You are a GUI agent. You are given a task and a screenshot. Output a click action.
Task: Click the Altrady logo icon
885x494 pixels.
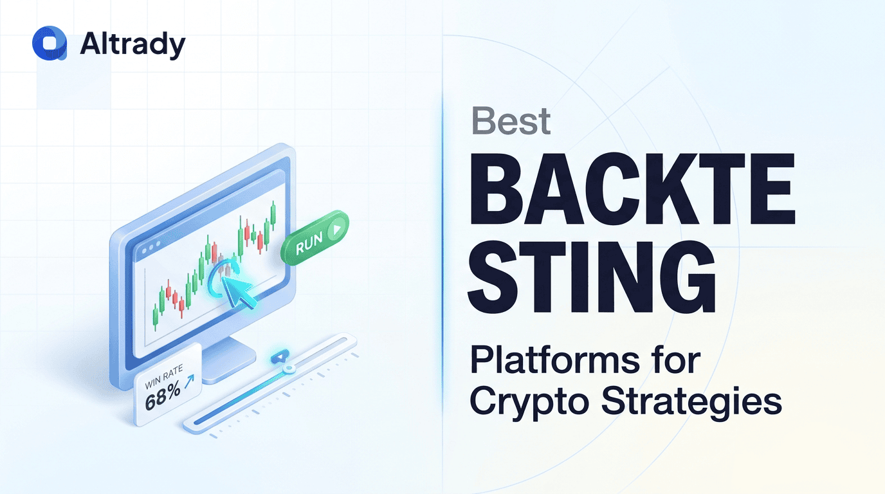50,43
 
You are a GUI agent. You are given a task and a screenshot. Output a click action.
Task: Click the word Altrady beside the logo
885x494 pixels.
132,44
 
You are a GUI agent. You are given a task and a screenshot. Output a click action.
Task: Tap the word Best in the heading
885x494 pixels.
511,121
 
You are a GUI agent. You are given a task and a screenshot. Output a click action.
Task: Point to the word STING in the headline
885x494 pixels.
592,277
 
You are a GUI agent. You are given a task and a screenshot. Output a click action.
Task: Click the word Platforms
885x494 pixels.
554,361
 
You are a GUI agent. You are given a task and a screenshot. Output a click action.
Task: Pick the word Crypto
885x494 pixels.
531,402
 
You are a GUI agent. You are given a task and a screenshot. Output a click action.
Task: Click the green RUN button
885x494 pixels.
315,237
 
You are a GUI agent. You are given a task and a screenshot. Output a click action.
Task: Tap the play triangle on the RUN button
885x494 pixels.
337,229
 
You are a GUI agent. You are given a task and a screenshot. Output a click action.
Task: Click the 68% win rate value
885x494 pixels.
163,396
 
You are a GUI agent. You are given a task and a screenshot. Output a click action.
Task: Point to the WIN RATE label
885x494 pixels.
164,377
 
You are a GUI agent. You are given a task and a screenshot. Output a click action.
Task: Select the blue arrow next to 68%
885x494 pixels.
189,381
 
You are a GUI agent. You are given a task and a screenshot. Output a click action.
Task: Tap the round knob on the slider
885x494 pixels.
289,369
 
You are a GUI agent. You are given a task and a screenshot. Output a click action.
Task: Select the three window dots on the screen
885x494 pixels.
151,248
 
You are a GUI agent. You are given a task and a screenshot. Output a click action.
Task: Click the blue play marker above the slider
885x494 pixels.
280,357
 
